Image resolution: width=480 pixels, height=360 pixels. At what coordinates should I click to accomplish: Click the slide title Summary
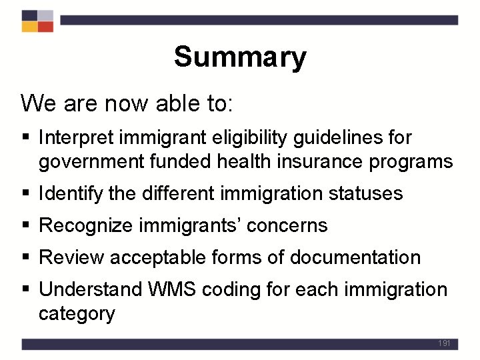(240, 57)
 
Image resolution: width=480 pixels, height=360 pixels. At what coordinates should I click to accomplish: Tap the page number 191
(445, 343)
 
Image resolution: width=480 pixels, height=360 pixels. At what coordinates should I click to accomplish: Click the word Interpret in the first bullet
(71, 138)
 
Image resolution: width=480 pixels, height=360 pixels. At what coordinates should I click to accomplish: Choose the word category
(77, 313)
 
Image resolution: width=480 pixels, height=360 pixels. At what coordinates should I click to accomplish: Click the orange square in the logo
(29, 27)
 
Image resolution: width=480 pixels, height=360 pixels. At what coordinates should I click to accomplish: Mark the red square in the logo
(45, 27)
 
